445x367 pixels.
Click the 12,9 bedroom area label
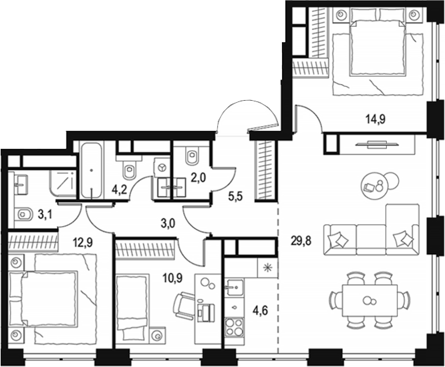tap(84, 233)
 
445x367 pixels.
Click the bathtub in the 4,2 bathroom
tap(91, 171)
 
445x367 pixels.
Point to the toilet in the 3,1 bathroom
tap(25, 215)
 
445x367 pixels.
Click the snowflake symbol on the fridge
tap(268, 268)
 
